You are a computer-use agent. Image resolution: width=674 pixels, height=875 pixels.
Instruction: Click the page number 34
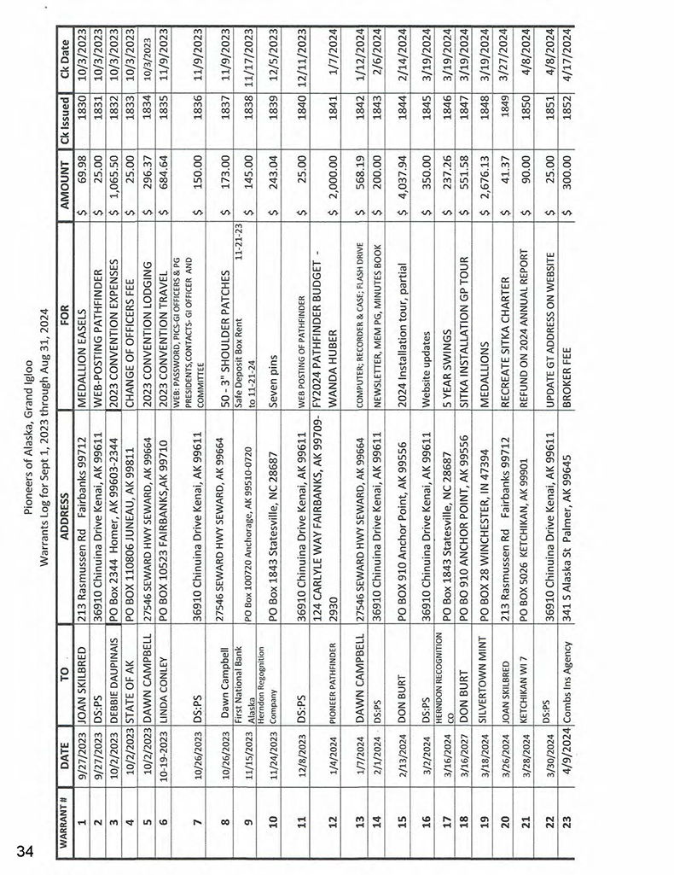coord(23,848)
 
